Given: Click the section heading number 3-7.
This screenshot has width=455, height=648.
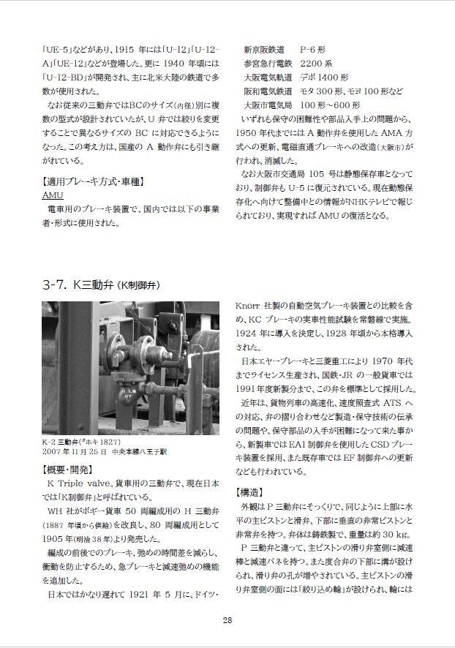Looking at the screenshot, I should pyautogui.click(x=56, y=284).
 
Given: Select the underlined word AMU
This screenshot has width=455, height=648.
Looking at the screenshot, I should pyautogui.click(x=53, y=195).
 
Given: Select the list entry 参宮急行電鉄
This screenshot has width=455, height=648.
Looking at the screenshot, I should pyautogui.click(x=268, y=64).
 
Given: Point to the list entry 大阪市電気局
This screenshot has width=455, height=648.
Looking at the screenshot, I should pyautogui.click(x=268, y=105).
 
